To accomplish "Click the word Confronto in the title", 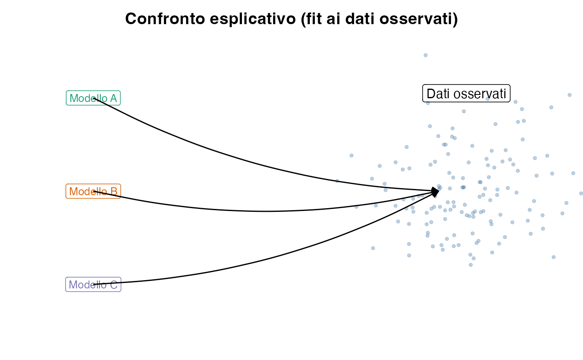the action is [x=165, y=19].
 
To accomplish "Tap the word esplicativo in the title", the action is [x=253, y=19].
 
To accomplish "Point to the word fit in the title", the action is [x=311, y=19].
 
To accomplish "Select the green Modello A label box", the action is [x=93, y=98].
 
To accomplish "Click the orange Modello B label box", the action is [x=93, y=191].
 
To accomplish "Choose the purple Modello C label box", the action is [x=93, y=284].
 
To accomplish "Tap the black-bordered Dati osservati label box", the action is [x=466, y=93].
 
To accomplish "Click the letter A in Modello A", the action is [x=113, y=98].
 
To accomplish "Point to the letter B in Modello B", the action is [x=114, y=191].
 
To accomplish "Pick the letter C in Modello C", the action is [x=114, y=285].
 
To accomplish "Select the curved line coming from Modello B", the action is [x=266, y=211].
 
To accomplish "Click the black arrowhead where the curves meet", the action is [x=436, y=192].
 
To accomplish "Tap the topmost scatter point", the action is [x=426, y=55].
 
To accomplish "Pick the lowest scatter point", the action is [x=471, y=265].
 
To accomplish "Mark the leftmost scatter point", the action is [x=337, y=181].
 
